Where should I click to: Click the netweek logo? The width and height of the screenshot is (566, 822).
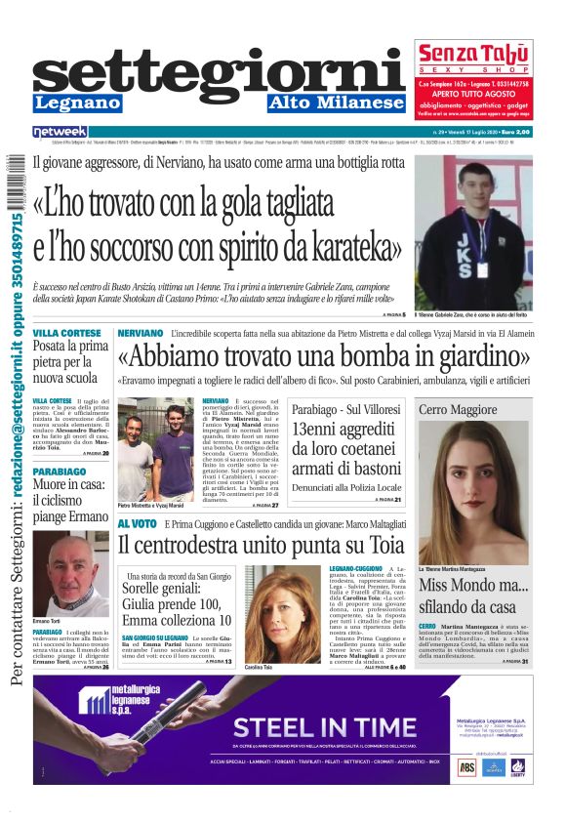pos(60,132)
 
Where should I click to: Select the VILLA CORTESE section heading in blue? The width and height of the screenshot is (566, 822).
pos(66,333)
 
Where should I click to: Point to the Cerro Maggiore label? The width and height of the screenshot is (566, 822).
pos(458,409)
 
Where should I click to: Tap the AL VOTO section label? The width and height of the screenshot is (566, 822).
pos(137,523)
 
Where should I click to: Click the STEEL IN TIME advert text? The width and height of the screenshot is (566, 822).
pos(311,726)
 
